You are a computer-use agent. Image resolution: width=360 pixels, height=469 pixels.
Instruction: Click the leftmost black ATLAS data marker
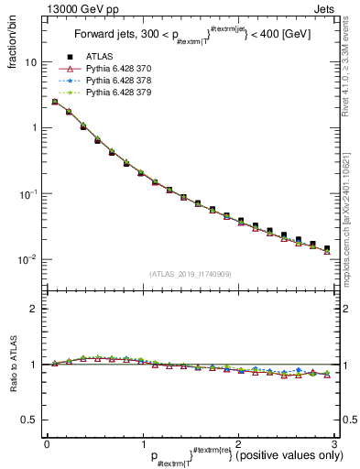54,102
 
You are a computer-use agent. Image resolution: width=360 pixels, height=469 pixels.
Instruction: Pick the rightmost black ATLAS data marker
327,248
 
